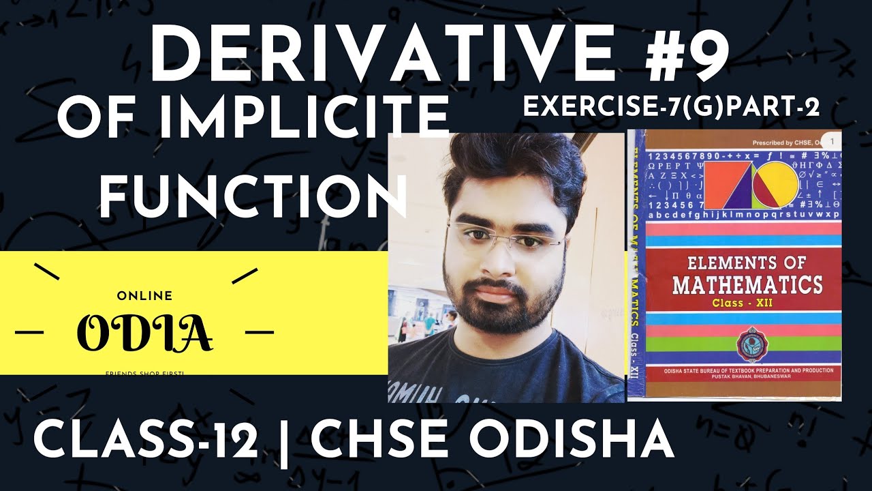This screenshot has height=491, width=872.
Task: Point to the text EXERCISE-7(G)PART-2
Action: click(x=670, y=106)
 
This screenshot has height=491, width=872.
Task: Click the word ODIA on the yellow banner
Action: click(x=144, y=332)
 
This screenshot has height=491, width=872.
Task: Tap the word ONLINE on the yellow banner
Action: click(x=144, y=296)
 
